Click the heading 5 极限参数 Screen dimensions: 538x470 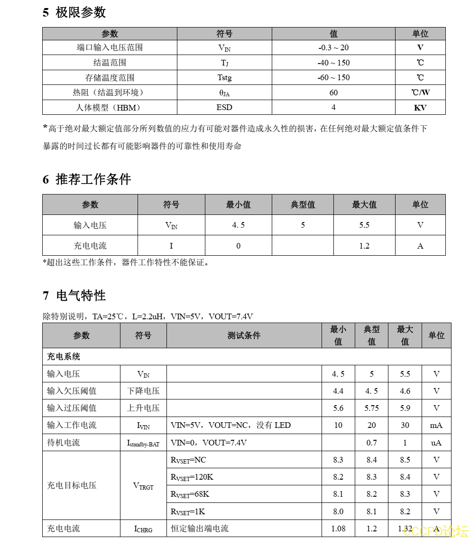coord(74,12)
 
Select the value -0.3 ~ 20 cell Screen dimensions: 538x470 coord(333,47)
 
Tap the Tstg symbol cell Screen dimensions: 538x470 coord(224,77)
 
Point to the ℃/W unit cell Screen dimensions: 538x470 coord(420,93)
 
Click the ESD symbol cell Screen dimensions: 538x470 coord(224,107)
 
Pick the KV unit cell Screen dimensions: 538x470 coord(420,108)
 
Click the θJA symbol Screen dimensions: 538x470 coord(224,93)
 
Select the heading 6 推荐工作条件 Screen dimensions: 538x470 coord(87,179)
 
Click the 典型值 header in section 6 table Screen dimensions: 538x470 coord(303,204)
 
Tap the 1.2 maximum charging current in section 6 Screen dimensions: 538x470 coord(364,246)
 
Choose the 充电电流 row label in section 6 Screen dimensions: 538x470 coord(90,246)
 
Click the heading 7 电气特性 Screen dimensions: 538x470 coord(74,296)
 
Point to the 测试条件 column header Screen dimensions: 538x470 coord(244,335)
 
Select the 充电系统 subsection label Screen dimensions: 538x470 coord(64,357)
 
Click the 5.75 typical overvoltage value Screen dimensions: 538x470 coord(372,408)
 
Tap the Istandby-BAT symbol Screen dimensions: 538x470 coord(143,443)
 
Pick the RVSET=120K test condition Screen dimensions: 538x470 coord(192,477)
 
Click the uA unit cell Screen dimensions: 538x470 coord(436,443)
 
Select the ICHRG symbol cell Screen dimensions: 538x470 coord(143,529)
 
